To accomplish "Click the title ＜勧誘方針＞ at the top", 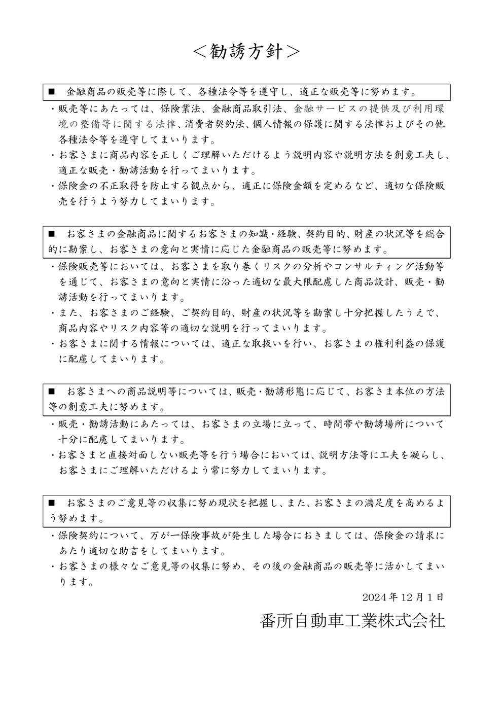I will coord(247,51).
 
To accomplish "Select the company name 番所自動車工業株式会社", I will coord(351,620).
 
